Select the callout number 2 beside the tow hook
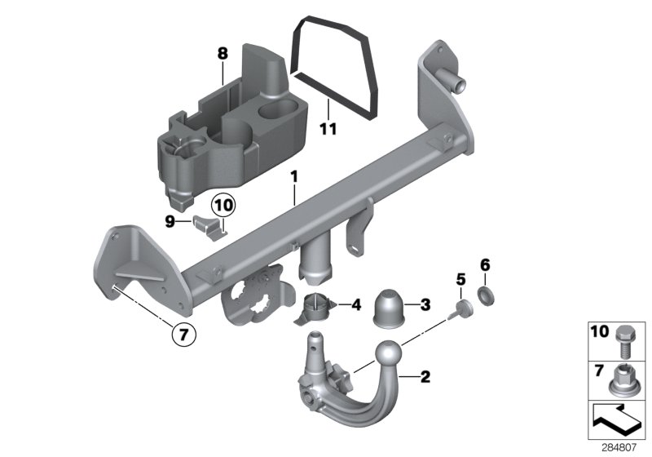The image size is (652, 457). (424, 377)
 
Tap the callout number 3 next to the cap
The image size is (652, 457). (425, 305)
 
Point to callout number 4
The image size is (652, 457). (355, 305)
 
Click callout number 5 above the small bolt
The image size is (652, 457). (460, 280)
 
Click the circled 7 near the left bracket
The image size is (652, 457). (183, 333)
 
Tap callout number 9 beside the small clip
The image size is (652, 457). (170, 220)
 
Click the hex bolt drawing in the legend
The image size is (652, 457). (625, 341)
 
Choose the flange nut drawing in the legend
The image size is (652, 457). (624, 379)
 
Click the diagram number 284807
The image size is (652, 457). (621, 447)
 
